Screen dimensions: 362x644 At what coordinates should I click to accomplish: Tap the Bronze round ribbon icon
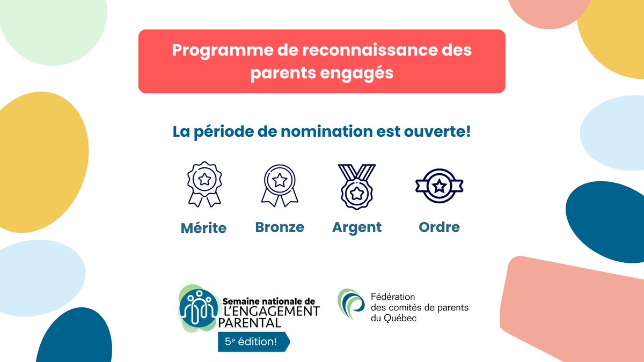pos(280,184)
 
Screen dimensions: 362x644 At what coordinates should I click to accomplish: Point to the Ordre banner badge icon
pos(440,186)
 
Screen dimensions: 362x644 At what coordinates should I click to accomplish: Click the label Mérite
pos(204,228)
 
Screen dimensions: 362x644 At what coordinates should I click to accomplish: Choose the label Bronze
pos(280,227)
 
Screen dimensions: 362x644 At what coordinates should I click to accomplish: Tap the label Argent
pos(357,227)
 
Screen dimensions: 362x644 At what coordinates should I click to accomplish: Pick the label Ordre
pos(439,227)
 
